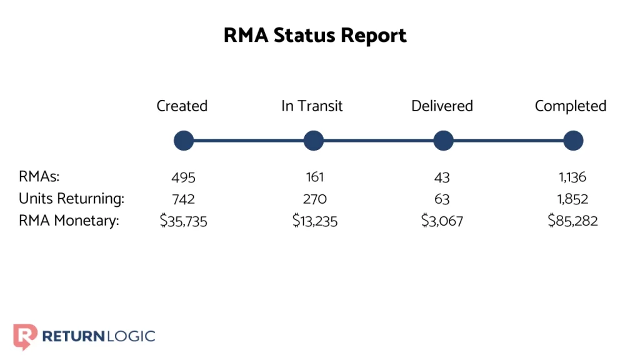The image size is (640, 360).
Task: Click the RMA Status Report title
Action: click(x=315, y=36)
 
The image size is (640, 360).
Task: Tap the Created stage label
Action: click(x=182, y=106)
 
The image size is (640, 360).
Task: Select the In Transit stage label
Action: click(x=312, y=106)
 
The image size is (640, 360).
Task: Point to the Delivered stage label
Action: click(x=442, y=106)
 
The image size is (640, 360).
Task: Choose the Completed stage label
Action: click(x=571, y=106)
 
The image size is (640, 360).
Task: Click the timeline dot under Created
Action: click(x=184, y=141)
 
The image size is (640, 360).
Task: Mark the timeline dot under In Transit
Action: click(x=314, y=141)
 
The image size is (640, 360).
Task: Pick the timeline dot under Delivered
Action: click(x=443, y=141)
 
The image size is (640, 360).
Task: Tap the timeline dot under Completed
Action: click(x=573, y=141)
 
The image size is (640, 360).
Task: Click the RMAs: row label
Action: click(x=39, y=177)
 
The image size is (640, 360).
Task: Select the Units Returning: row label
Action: click(x=71, y=199)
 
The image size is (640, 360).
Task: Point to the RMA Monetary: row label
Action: click(x=69, y=221)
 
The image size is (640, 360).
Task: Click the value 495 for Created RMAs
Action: click(x=183, y=178)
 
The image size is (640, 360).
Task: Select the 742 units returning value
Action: click(x=183, y=199)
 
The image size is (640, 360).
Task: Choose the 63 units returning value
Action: click(x=442, y=199)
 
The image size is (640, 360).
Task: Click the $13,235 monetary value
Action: click(x=314, y=221)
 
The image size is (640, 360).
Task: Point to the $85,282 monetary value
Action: click(x=572, y=221)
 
